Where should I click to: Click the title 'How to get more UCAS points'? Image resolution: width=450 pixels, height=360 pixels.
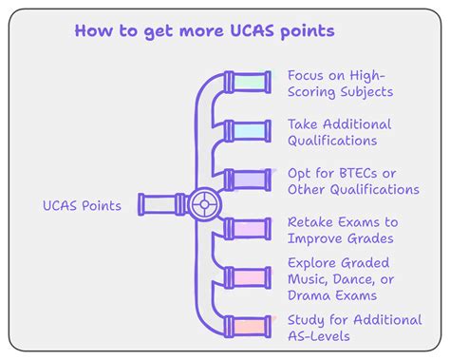[203, 31]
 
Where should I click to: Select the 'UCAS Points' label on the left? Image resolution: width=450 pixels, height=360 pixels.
[82, 205]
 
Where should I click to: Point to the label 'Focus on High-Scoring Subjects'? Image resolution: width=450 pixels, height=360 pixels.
[340, 84]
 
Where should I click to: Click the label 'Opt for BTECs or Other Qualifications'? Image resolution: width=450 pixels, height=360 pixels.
[352, 180]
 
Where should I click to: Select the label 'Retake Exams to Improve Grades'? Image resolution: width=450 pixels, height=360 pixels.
[342, 230]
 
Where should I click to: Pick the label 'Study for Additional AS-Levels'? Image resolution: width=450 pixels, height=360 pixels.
[353, 328]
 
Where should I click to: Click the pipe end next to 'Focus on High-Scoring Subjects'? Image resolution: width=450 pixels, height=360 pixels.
[252, 82]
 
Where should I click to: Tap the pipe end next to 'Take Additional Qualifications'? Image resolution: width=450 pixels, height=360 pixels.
[252, 131]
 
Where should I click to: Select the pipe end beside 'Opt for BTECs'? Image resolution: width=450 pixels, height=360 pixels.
[252, 180]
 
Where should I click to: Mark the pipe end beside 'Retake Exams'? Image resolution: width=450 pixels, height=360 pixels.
[252, 229]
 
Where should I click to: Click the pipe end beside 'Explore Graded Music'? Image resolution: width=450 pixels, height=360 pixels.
[252, 278]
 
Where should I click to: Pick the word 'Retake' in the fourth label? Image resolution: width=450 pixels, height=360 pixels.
[311, 222]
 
